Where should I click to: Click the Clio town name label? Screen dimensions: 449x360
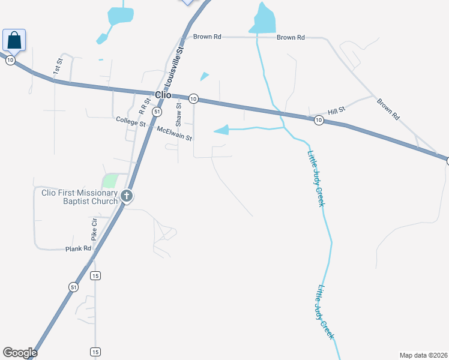click(163, 95)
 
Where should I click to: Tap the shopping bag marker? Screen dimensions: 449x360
click(14, 40)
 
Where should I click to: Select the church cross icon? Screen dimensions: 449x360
click(126, 196)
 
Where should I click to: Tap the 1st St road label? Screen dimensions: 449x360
click(57, 66)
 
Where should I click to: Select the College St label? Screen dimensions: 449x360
click(131, 121)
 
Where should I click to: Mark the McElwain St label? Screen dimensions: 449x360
click(174, 133)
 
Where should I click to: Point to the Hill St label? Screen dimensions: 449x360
click(337, 111)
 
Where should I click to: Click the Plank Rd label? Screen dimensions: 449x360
click(79, 248)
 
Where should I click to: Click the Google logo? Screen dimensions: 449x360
click(20, 353)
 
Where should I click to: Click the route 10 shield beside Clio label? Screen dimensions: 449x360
click(193, 98)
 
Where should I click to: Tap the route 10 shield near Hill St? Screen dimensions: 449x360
click(319, 121)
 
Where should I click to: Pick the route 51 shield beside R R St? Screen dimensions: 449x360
click(156, 112)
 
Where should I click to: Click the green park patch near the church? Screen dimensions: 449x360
click(110, 180)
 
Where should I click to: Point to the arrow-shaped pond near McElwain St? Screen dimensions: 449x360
click(222, 130)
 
